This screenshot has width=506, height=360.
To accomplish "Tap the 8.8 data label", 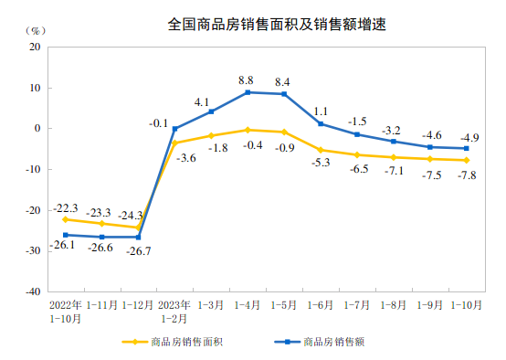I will (248, 80).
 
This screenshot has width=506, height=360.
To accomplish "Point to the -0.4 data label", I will (248, 144).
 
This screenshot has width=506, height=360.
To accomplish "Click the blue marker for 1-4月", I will (248, 92).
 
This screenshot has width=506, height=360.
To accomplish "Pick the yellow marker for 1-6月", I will (321, 150).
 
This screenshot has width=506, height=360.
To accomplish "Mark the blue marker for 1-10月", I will (467, 148).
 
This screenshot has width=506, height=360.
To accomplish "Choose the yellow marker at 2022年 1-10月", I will (65, 219).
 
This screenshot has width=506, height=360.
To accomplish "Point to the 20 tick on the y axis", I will (35, 47).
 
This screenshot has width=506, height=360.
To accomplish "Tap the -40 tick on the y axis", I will (32, 291).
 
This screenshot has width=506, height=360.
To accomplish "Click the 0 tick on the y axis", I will (37, 128).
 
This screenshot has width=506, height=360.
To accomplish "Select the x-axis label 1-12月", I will (138, 304).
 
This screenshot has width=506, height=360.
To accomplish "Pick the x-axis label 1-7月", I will (357, 304).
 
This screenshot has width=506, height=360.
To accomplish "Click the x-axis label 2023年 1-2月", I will (174, 311).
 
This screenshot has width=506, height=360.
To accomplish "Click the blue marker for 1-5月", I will (284, 94).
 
